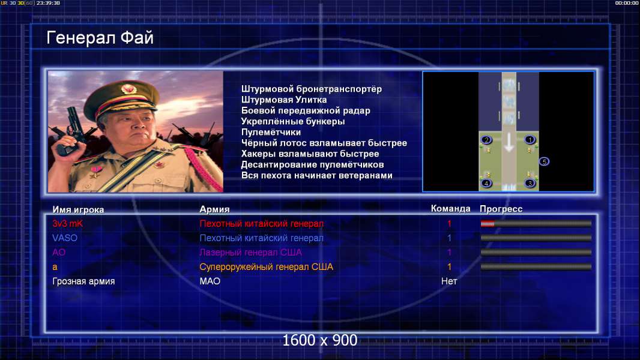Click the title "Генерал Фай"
[100, 38]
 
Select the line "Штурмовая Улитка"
[284, 100]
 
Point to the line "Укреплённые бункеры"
[293, 121]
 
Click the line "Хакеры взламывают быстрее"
[310, 154]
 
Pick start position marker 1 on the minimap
[530, 140]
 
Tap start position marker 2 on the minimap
[486, 140]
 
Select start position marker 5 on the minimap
[544, 162]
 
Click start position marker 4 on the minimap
[486, 184]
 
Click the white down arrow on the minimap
[509, 143]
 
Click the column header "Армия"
[215, 209]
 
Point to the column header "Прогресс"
[501, 209]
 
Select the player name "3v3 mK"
[68, 223]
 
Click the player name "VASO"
[65, 238]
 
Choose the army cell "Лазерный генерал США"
[250, 253]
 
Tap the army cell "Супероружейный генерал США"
[266, 266]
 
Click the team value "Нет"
[449, 281]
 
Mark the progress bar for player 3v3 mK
[536, 223]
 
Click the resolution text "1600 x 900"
[320, 340]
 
